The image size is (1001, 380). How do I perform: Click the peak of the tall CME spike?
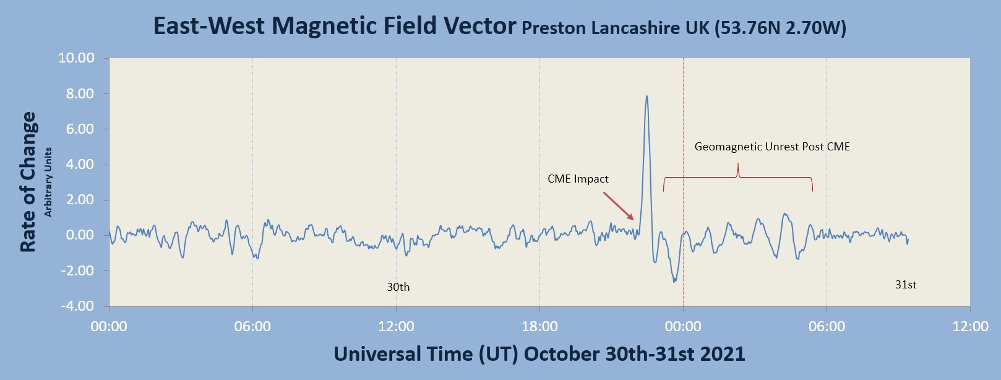point(647,97)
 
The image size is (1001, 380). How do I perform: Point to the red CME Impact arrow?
point(618,206)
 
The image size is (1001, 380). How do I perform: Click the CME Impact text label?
point(578,179)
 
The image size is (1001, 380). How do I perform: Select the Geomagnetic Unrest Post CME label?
point(771,147)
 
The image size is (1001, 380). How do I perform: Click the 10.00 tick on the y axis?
point(76,58)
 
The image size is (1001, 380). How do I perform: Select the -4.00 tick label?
point(77,306)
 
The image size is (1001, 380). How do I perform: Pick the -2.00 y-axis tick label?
point(77,271)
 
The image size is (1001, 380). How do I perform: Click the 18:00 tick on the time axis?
point(539,326)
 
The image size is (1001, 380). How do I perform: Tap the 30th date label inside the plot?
point(398,287)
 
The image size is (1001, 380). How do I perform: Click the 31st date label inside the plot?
point(906,285)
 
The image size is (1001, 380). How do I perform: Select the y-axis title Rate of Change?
point(28,182)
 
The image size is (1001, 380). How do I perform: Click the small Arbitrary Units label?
point(48,182)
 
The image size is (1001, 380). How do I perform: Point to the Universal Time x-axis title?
point(539,354)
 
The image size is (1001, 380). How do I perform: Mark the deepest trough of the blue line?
point(674,282)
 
